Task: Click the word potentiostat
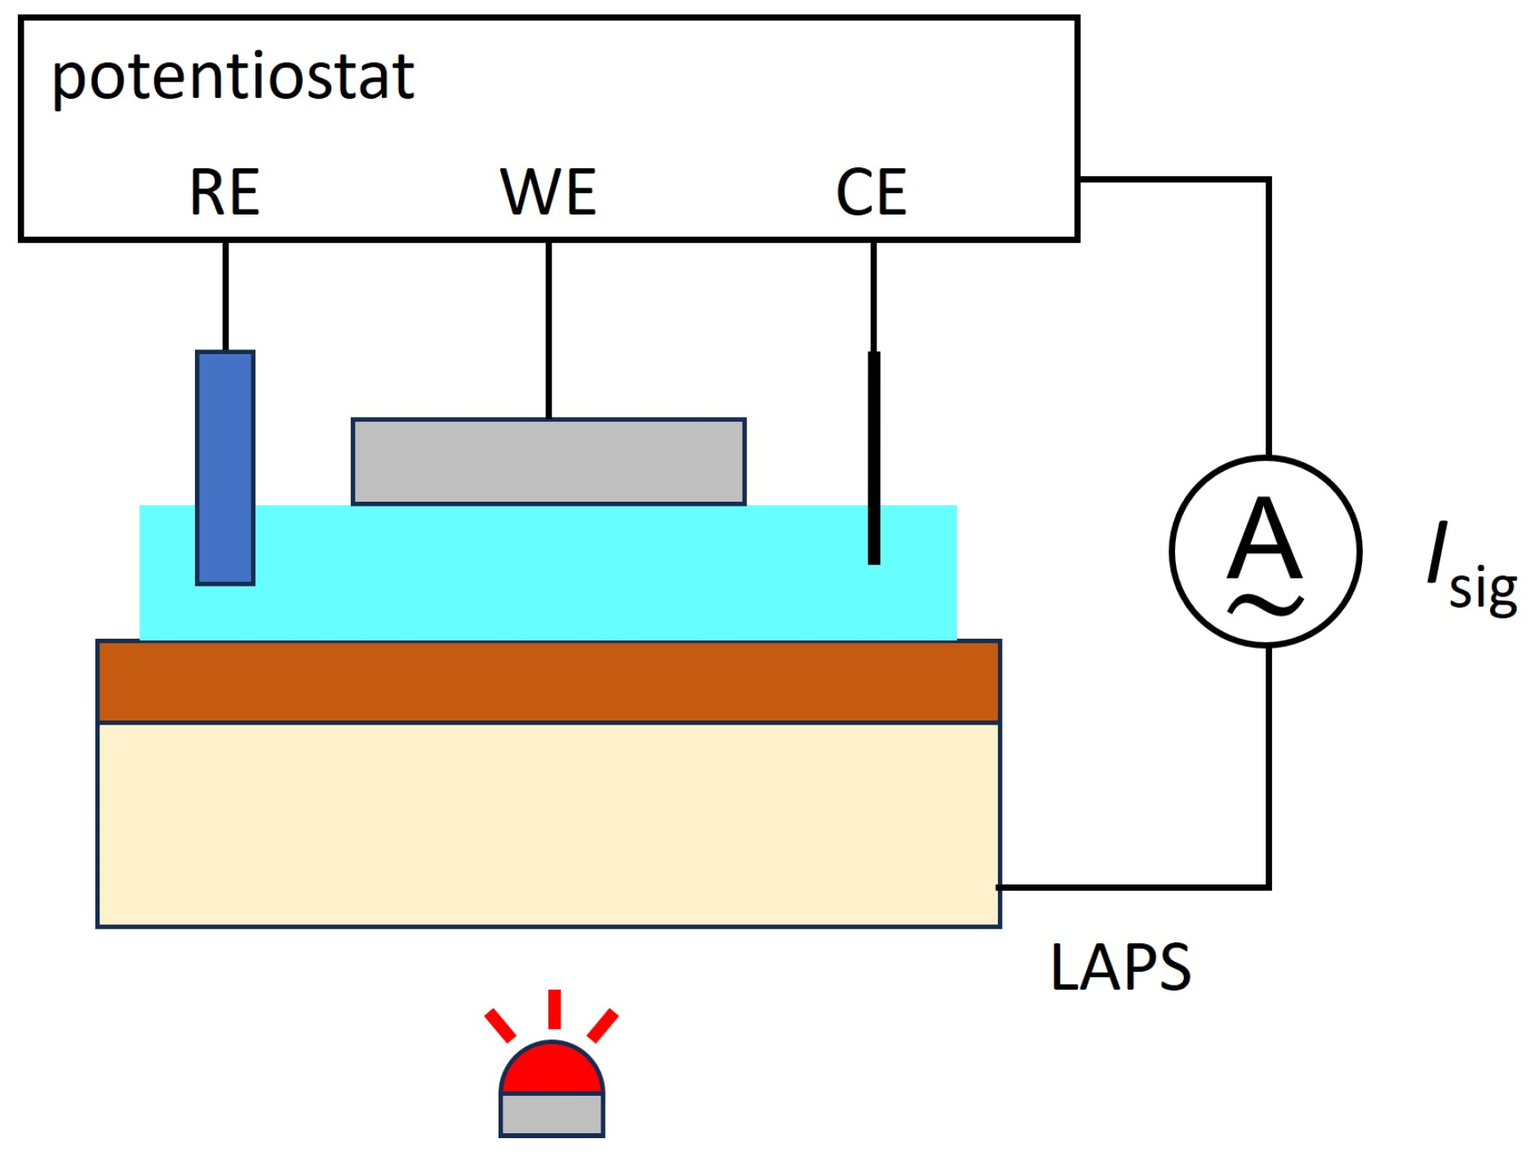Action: point(233,78)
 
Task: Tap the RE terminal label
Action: point(224,193)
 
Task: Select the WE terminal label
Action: point(548,193)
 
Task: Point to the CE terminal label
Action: point(871,193)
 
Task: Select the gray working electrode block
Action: point(548,462)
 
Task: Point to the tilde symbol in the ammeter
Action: point(1266,605)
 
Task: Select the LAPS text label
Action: point(1120,968)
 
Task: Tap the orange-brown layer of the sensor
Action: point(548,682)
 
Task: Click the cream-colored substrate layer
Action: point(548,825)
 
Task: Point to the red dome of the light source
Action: point(552,1070)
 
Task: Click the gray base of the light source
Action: point(552,1114)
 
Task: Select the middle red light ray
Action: point(554,1008)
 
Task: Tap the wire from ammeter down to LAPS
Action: point(1269,775)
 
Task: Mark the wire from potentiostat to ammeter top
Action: point(1268,310)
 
